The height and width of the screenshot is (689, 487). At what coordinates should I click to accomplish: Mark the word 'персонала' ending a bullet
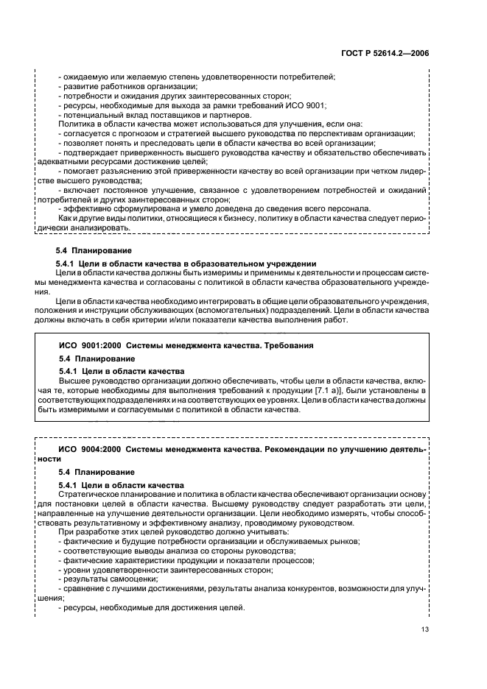click(347, 209)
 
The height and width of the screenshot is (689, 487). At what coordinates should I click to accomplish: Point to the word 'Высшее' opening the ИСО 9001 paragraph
click(74, 380)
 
